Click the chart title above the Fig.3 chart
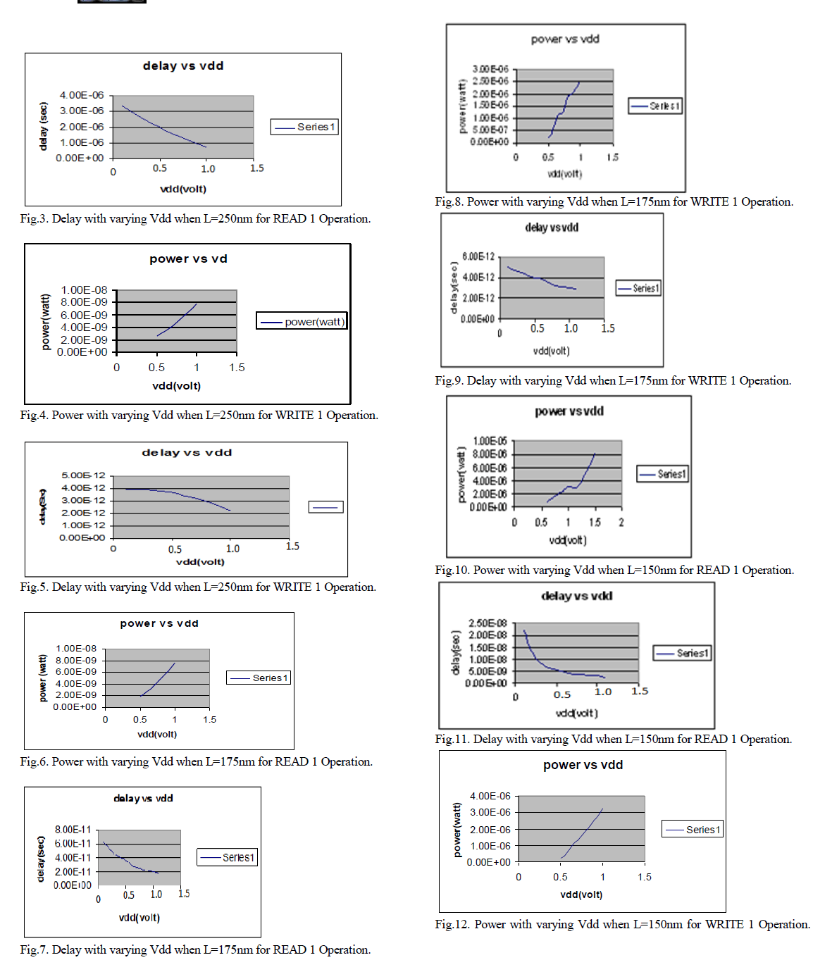click(x=183, y=66)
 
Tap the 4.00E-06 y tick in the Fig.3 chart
click(x=82, y=95)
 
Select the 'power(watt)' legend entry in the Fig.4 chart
click(x=302, y=322)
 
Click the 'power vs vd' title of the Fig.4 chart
click(x=188, y=259)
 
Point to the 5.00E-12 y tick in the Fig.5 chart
click(x=83, y=475)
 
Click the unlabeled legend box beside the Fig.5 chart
click(x=325, y=507)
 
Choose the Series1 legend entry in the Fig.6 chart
click(x=259, y=678)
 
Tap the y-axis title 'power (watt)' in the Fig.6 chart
click(x=42, y=678)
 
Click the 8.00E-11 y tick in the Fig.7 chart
click(x=73, y=830)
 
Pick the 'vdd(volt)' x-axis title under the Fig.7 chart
click(x=139, y=918)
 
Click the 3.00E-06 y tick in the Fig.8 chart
click(x=490, y=69)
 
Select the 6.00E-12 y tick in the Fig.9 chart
click(x=478, y=257)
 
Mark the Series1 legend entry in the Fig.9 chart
click(x=638, y=288)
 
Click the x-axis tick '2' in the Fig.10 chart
click(x=621, y=523)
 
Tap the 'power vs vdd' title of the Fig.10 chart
click(x=569, y=411)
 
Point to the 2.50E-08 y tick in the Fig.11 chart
click(x=488, y=623)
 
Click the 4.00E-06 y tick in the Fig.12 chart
click(x=490, y=796)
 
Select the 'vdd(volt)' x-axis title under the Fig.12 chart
click(x=581, y=894)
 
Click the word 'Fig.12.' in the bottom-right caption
click(x=452, y=924)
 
